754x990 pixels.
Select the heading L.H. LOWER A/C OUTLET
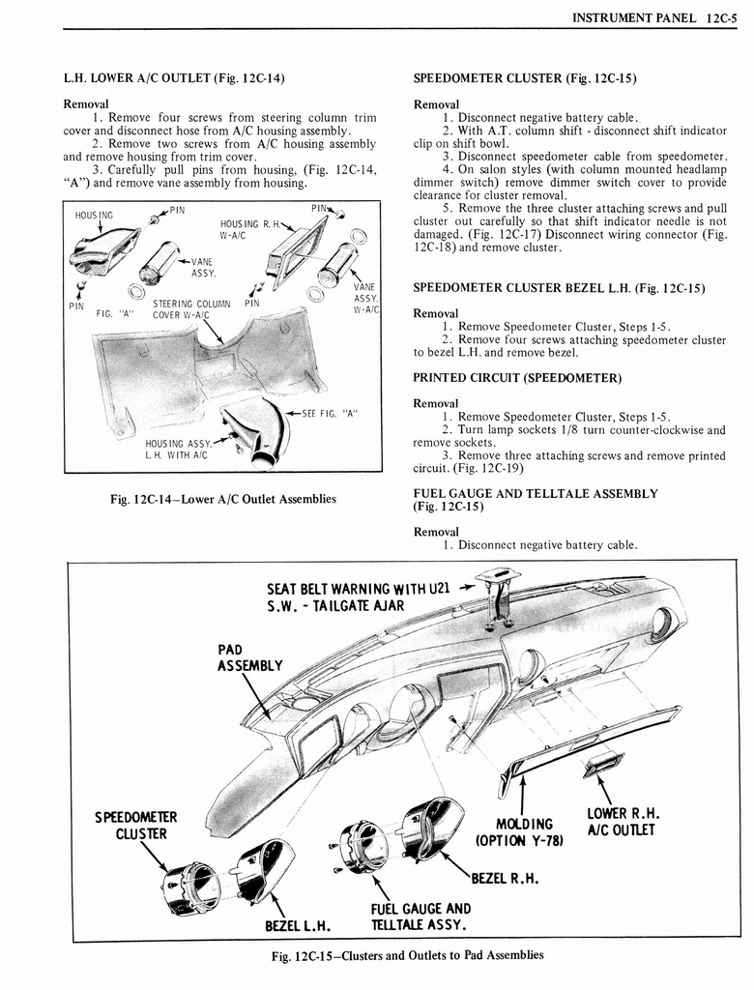click(x=173, y=77)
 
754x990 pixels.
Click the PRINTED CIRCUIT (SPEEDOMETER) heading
click(x=517, y=377)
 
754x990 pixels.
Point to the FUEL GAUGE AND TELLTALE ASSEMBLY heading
click(x=536, y=500)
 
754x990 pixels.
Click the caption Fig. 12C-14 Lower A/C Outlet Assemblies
click(x=223, y=500)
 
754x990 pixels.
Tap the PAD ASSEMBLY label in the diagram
click(x=248, y=657)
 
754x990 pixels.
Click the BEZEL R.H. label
click(x=504, y=878)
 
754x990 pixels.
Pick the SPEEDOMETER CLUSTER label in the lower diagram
click(x=135, y=826)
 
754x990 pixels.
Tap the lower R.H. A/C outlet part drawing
click(x=601, y=765)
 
